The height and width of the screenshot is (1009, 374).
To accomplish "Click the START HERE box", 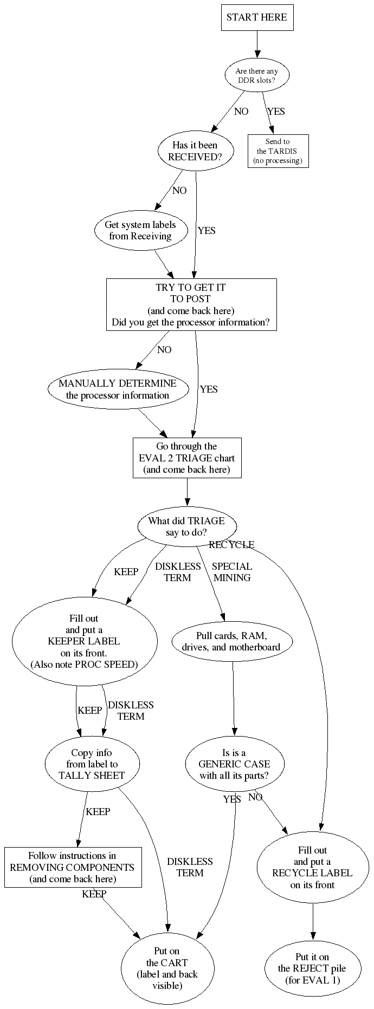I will (x=257, y=17).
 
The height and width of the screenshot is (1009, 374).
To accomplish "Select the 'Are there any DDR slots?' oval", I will (x=257, y=76).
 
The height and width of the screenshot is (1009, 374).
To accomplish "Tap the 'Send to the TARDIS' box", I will (x=278, y=151).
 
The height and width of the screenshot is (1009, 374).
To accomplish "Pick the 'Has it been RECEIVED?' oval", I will (x=195, y=151).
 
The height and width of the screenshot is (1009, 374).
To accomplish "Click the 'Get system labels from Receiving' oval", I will (x=140, y=230).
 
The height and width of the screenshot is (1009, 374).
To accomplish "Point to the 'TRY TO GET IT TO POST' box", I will (x=191, y=304).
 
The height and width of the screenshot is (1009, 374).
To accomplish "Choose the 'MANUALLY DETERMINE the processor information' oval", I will (x=118, y=389).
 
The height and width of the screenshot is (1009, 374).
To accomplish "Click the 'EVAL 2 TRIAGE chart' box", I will (x=186, y=458).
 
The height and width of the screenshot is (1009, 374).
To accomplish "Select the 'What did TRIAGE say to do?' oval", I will (x=186, y=526).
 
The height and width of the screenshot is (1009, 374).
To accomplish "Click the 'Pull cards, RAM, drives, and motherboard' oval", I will (x=231, y=641).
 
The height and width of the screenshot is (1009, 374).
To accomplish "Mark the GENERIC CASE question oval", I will (x=234, y=764).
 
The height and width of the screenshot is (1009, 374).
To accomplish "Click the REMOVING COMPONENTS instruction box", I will (x=73, y=867).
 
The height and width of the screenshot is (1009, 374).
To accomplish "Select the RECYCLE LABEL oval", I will (x=312, y=867).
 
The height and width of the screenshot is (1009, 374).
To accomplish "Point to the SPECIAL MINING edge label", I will (x=232, y=572).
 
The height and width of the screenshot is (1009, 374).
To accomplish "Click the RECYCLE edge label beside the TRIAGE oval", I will (x=231, y=544).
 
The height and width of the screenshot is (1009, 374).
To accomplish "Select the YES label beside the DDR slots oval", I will (x=276, y=112).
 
